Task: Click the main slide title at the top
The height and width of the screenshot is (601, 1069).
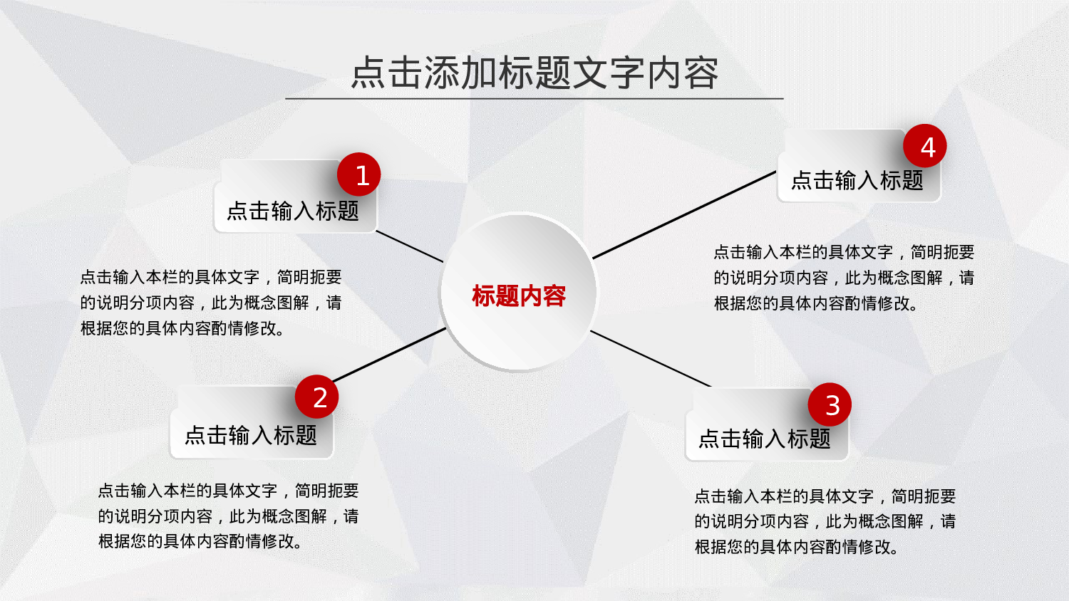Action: pos(534,73)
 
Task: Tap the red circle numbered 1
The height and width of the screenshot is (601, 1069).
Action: pos(358,174)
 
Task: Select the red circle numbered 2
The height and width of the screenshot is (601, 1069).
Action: pos(316,397)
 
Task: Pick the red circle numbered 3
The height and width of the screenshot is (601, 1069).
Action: pos(830,405)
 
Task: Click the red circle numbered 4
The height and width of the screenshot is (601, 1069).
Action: pos(924,147)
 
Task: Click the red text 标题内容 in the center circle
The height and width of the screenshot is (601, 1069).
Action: pos(519,296)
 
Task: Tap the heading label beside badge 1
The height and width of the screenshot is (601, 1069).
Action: pos(292,211)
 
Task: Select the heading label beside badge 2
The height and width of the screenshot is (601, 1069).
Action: pos(250,435)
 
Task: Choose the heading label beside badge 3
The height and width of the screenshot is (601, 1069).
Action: pos(764,439)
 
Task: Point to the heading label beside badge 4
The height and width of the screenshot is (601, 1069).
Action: pos(857,181)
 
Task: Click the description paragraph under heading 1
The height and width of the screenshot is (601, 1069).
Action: pos(211,303)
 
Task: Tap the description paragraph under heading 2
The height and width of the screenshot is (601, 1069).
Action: pos(228,516)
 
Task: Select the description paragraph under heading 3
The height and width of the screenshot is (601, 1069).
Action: pos(825,521)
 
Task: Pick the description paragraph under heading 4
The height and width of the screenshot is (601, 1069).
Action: pos(844,278)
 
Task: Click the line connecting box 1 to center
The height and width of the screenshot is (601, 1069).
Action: pos(410,246)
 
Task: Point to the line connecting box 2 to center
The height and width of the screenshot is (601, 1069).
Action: pos(388,355)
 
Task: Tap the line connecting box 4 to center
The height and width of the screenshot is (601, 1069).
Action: pos(684,214)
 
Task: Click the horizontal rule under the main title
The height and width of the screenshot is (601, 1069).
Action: pos(534,98)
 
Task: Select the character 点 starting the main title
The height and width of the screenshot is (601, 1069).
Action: pos(369,73)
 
